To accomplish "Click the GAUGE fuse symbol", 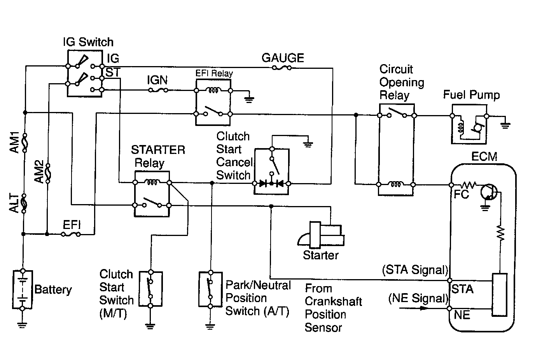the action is click(282, 68).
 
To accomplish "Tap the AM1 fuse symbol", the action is click(24, 143).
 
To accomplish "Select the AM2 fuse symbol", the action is click(48, 173).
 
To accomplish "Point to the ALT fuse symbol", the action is click(24, 203).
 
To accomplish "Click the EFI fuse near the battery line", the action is click(71, 234).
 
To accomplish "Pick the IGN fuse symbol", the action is click(158, 90).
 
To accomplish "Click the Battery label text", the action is click(53, 290).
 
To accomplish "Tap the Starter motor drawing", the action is click(321, 235).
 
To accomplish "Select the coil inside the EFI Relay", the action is click(213, 90).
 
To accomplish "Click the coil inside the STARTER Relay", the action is click(152, 182).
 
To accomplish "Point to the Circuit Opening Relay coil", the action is click(396, 184).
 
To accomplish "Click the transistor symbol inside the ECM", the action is click(489, 192).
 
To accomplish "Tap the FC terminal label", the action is click(461, 194).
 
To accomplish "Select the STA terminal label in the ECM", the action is click(462, 289).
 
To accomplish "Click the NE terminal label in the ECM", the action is click(462, 315).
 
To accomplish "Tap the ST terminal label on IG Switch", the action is click(113, 72).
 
